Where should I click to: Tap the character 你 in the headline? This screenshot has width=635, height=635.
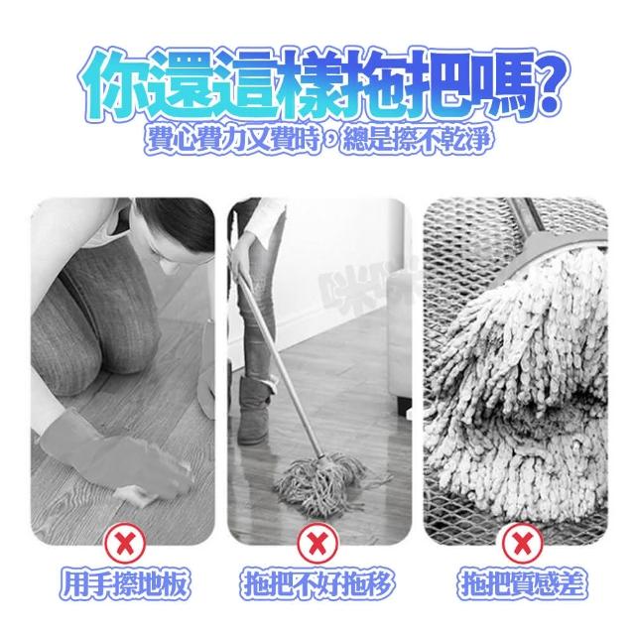click(110, 83)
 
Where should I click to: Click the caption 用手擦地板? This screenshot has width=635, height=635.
click(125, 584)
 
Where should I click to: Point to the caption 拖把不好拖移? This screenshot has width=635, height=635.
click(317, 584)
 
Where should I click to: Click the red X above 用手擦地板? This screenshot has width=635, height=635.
click(125, 543)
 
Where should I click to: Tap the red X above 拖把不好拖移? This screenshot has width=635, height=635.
click(317, 543)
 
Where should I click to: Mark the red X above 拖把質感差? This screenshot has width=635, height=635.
click(523, 543)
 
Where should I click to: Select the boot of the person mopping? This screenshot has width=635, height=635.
click(254, 409)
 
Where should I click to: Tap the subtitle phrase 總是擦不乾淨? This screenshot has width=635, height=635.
click(417, 140)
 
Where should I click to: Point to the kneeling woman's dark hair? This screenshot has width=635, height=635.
click(179, 222)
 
